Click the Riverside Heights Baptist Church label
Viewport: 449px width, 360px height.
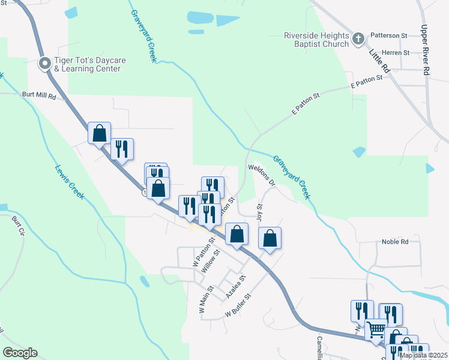click(x=316, y=40)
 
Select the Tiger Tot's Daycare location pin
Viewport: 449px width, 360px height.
click(x=45, y=63)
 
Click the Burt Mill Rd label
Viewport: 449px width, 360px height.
click(x=38, y=95)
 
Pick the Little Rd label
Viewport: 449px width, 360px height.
click(x=379, y=61)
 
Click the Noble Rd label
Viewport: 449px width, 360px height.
click(x=395, y=242)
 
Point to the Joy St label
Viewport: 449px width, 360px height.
click(x=260, y=213)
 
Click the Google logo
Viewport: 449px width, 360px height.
click(x=20, y=353)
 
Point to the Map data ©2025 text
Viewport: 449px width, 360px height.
click(x=423, y=355)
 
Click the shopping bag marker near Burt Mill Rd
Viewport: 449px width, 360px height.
click(x=99, y=133)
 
